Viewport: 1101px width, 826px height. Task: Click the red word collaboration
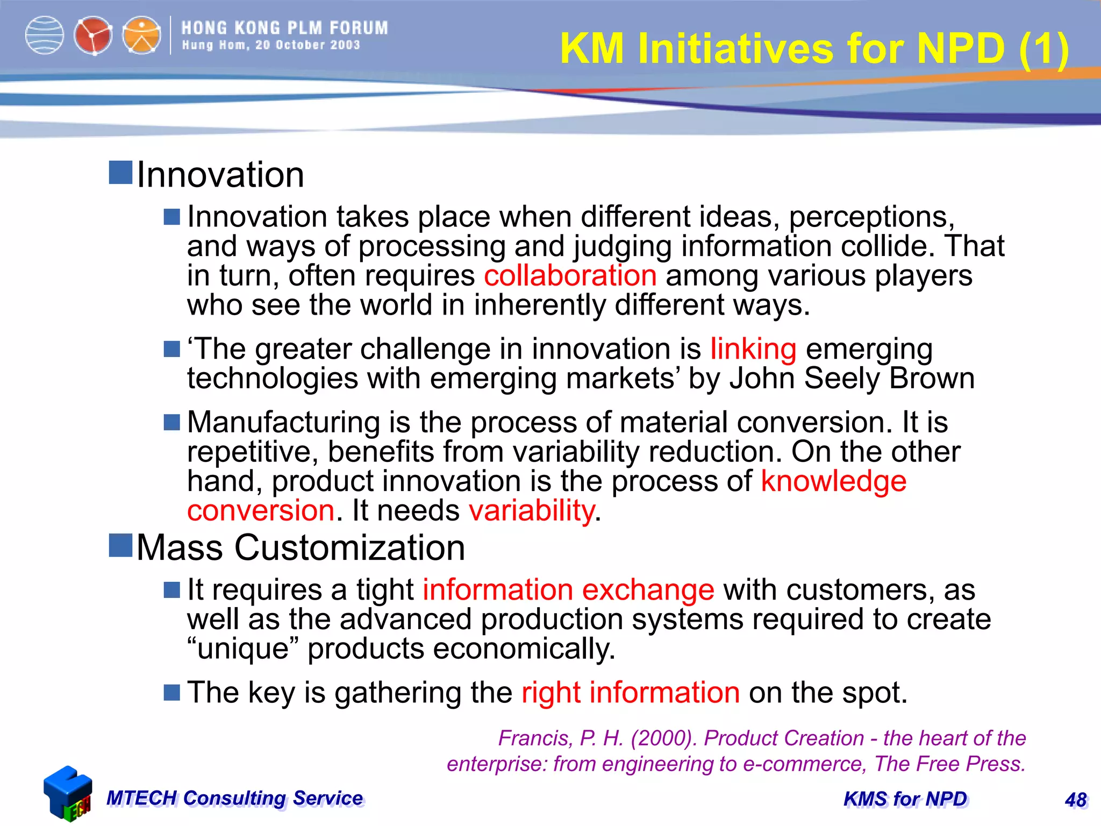[570, 276]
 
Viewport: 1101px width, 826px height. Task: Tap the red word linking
[753, 350]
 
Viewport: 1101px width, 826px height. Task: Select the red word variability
[531, 510]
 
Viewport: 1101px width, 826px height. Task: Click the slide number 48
[1076, 800]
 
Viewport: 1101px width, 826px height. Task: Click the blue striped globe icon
[45, 35]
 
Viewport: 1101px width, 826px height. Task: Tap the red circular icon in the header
[93, 35]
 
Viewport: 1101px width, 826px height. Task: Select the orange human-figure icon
[141, 35]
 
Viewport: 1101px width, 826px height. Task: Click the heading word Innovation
[220, 175]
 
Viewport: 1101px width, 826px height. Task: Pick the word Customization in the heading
[349, 548]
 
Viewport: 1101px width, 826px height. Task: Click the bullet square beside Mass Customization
[120, 546]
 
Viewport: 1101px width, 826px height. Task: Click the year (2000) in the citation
[663, 738]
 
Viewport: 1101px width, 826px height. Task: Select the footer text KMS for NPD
[905, 799]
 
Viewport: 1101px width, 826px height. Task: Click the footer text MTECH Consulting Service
[234, 798]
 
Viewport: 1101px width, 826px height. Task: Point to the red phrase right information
[631, 693]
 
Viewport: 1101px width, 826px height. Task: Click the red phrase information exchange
[568, 590]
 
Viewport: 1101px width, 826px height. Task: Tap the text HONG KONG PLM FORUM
[284, 28]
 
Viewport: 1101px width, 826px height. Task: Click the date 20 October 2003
[308, 45]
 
